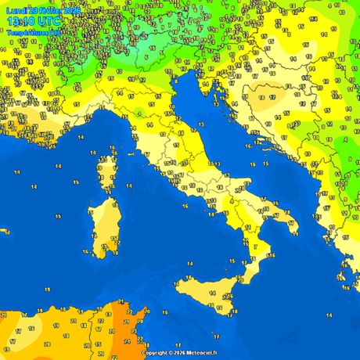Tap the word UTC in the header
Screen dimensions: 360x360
point(48,22)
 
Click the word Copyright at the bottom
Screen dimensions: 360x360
point(157,353)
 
